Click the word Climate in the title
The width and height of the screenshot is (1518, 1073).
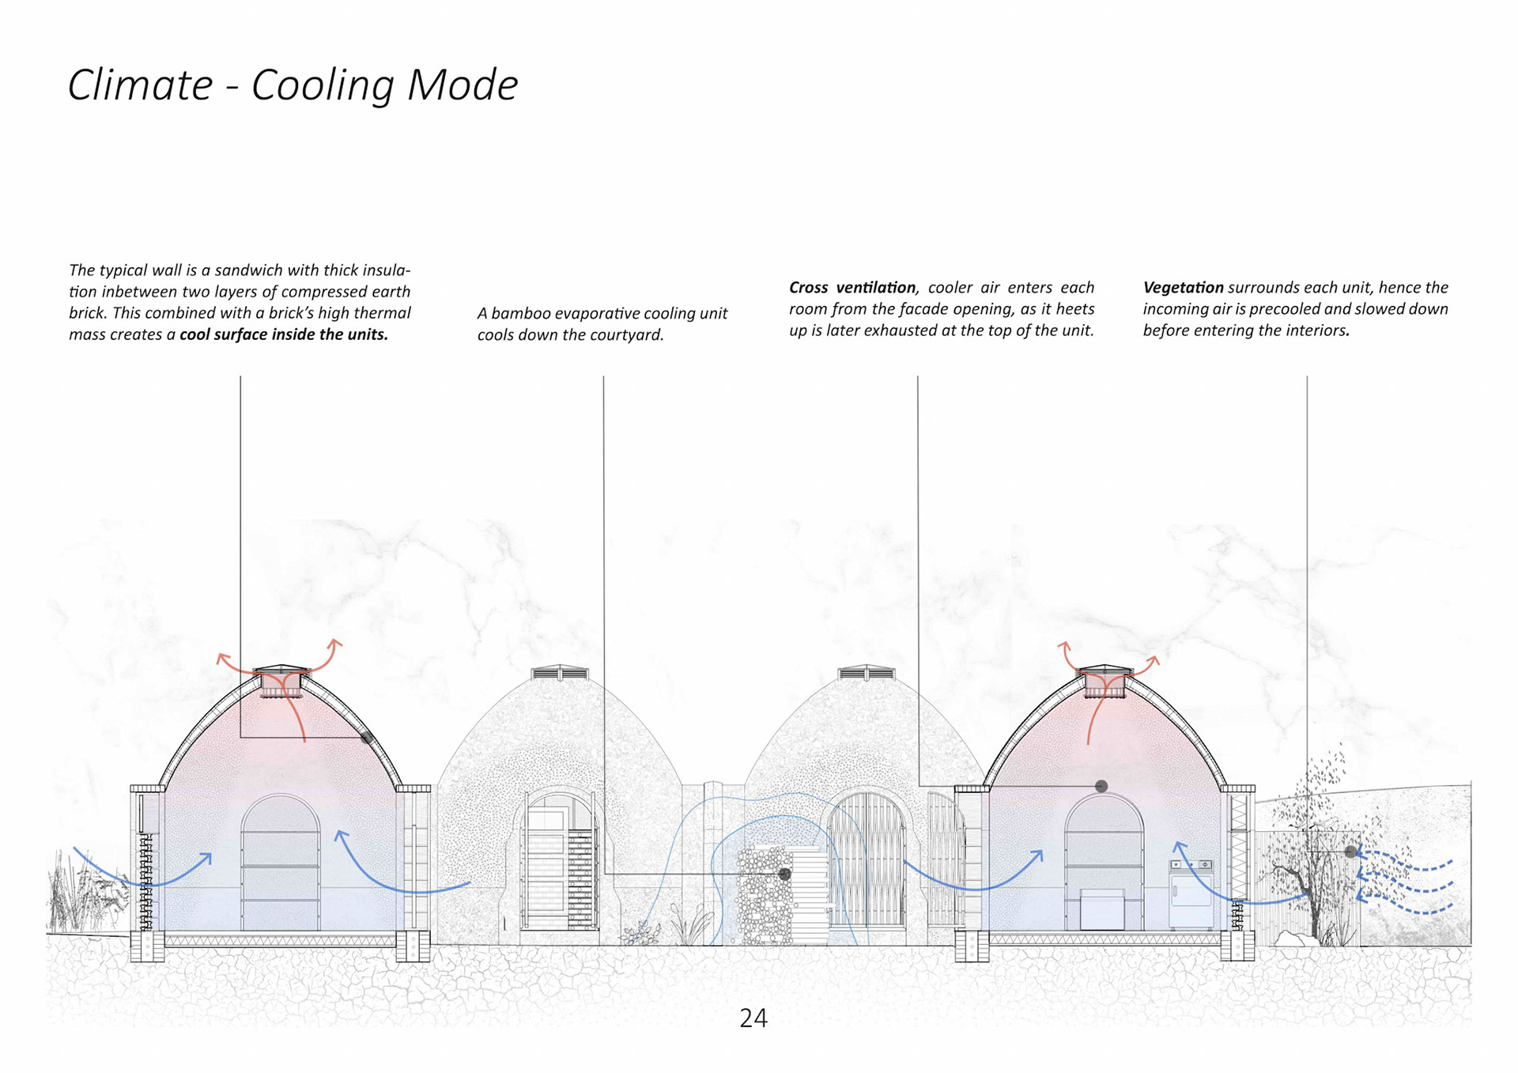coord(140,85)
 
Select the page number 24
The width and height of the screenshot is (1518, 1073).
coord(753,1018)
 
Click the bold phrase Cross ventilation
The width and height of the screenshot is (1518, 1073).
coord(852,288)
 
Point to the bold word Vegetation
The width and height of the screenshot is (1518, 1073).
coord(1182,288)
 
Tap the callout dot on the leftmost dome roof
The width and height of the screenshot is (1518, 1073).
coord(366,738)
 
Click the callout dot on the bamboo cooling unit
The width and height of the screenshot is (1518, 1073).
coord(784,874)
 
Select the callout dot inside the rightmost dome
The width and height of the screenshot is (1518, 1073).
coord(1101,786)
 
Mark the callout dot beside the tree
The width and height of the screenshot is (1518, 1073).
coord(1351,852)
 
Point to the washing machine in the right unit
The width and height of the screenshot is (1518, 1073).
coord(1191,894)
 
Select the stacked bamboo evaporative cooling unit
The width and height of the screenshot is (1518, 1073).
coord(765,897)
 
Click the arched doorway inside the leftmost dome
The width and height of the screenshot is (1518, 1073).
coord(281,862)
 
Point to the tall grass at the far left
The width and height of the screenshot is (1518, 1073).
coord(75,894)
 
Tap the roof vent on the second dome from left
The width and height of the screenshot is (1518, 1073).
coord(560,674)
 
